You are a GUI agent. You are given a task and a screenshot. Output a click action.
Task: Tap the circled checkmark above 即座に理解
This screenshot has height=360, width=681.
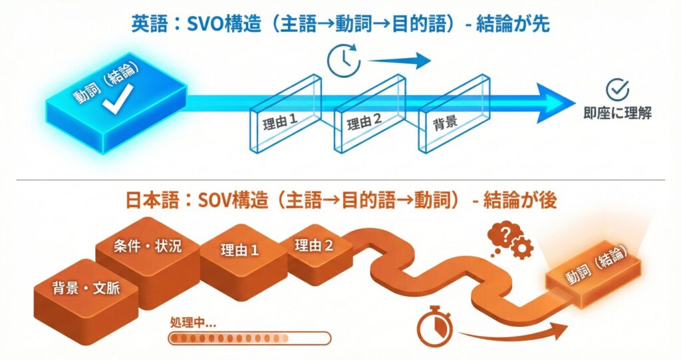pyautogui.click(x=620, y=89)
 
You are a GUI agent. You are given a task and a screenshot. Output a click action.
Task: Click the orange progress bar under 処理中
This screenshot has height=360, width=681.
pyautogui.click(x=249, y=339)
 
